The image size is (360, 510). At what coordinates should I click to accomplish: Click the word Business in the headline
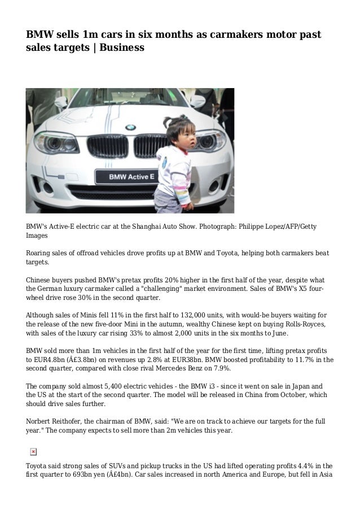(x=122, y=48)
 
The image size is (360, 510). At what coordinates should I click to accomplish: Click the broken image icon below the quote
(x=33, y=451)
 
